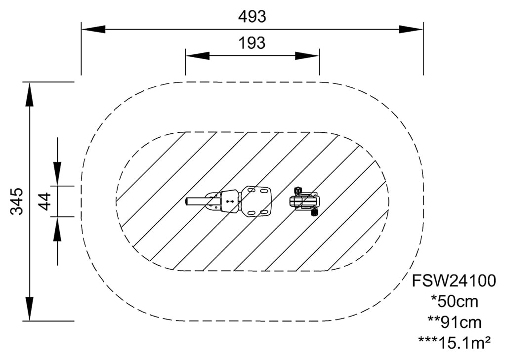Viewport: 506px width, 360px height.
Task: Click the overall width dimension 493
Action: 252,17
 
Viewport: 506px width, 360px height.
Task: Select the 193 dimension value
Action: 252,43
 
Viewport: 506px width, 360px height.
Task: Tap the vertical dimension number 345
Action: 17,201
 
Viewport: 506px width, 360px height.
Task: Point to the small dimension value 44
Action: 45,201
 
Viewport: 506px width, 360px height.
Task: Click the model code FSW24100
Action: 454,281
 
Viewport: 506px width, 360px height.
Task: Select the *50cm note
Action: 454,301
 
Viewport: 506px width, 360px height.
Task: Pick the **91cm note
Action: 454,322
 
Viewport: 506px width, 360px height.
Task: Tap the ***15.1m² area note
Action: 454,342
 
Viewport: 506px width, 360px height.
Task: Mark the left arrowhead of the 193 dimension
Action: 197,55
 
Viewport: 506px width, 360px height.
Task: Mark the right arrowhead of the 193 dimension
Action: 307,55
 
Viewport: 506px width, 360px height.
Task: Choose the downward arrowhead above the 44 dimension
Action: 57,174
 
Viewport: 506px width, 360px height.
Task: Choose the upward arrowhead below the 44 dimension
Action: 57,229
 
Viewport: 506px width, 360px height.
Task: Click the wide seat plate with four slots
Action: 256,201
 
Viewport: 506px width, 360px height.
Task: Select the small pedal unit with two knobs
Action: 304,201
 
